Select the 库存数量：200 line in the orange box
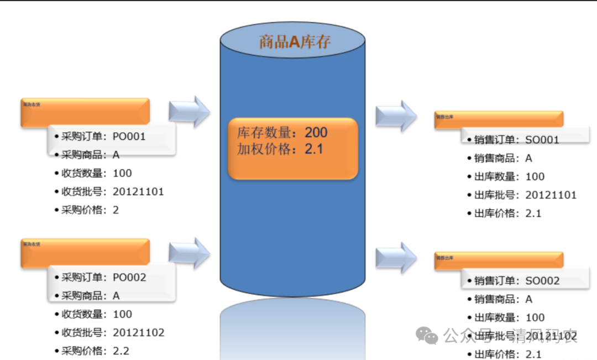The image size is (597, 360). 282,133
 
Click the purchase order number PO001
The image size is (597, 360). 129,136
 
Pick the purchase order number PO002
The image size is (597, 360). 129,277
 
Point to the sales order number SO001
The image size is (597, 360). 542,140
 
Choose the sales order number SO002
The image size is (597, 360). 542,281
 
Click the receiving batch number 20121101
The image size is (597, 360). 138,192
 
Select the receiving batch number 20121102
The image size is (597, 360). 138,333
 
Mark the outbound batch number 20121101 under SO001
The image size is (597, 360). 551,195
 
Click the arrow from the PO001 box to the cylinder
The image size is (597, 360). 189,111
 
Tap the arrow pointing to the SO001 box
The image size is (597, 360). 396,116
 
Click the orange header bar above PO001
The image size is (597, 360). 85,111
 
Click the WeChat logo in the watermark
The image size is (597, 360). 427,334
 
